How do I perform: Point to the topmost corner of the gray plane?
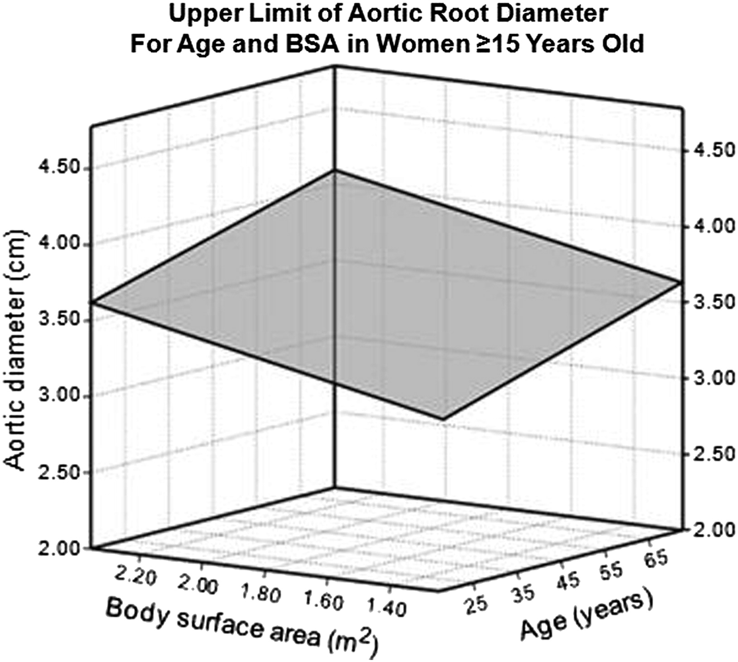(335, 171)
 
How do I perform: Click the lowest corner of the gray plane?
(442, 419)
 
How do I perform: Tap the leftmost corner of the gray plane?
(92, 302)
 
